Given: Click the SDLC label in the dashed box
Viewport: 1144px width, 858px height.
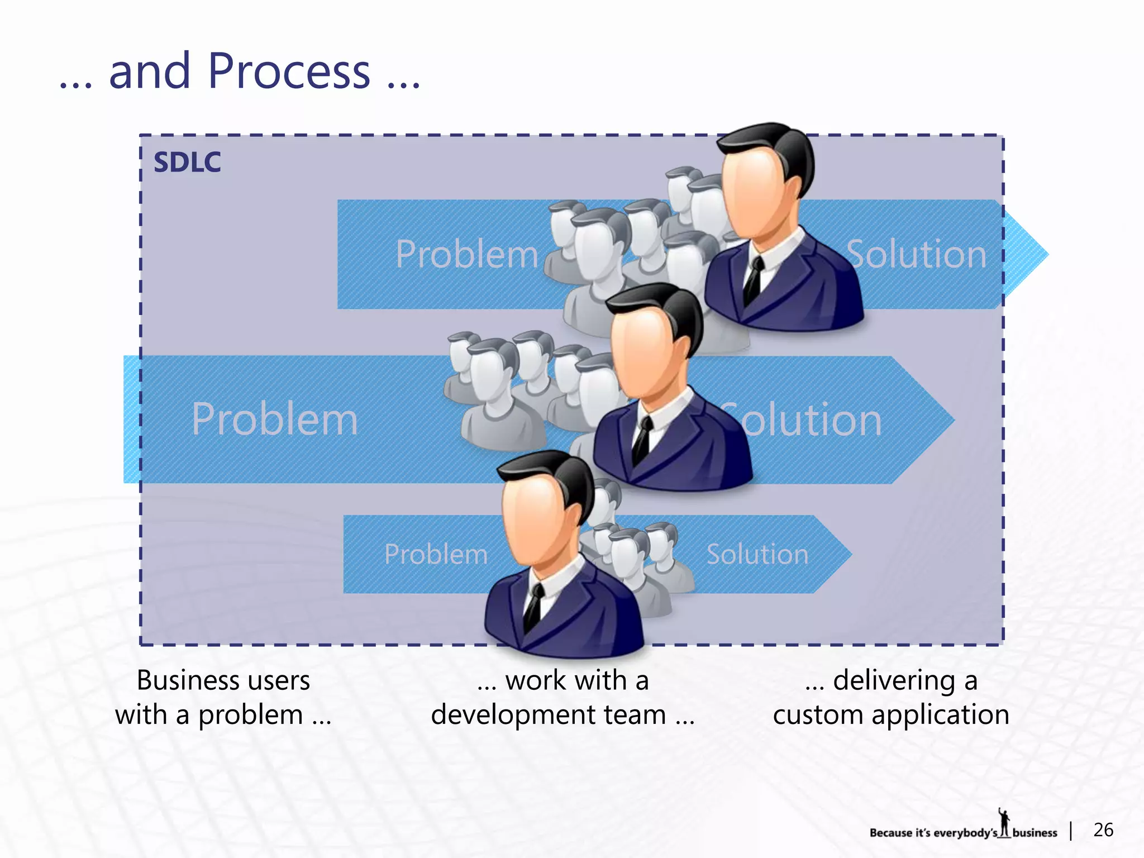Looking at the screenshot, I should [x=187, y=163].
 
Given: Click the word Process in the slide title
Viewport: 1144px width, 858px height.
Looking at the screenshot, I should [x=289, y=71].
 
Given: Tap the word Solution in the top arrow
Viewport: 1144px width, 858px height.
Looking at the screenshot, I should [x=917, y=254].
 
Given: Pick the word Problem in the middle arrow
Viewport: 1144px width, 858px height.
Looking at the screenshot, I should [x=274, y=419].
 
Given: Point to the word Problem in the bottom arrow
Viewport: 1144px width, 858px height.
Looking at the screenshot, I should [x=436, y=554].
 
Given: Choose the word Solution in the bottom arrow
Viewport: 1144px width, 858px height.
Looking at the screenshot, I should [x=757, y=554].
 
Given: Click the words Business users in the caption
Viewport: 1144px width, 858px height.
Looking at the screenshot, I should [x=223, y=680].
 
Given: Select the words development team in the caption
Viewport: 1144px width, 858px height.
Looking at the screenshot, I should [x=548, y=715].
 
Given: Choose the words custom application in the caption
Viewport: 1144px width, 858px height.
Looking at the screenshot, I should [x=891, y=715].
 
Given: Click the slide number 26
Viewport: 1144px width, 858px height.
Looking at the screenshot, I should [x=1103, y=830].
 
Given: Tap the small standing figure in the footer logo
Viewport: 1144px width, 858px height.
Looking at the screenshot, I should [x=1004, y=822].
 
